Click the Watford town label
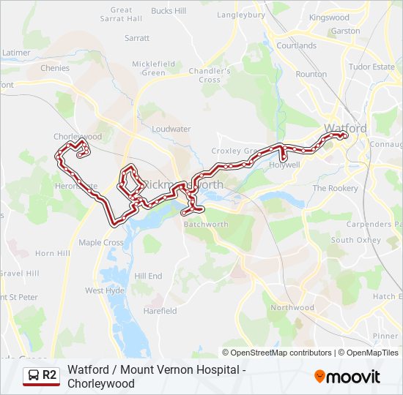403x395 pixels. [x=345, y=128]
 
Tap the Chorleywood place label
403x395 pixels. [x=77, y=137]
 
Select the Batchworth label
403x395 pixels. [x=206, y=225]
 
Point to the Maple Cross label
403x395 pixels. [x=101, y=243]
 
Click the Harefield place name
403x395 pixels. [x=160, y=311]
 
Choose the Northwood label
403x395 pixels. [x=292, y=308]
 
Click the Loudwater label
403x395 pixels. [x=171, y=129]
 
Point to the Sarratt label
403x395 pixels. [x=137, y=37]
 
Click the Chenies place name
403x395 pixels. [x=55, y=68]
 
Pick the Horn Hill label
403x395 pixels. [x=53, y=253]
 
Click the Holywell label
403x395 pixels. [x=285, y=165]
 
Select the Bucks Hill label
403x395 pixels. [x=168, y=11]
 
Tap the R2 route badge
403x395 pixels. [x=40, y=375]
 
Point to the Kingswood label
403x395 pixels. [x=329, y=17]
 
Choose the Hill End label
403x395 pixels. [x=148, y=276]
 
